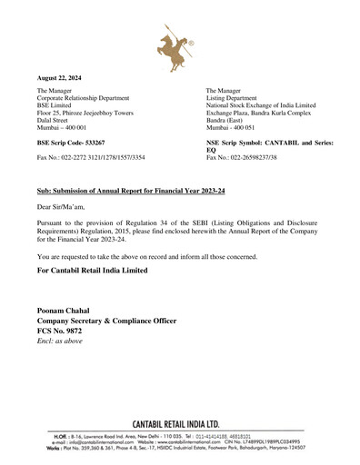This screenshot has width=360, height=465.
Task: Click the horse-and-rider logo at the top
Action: [x=180, y=48]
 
